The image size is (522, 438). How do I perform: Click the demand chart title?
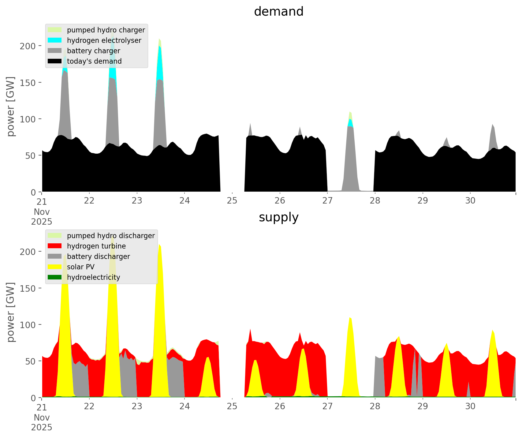[x=278, y=12]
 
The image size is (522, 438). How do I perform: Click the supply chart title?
[x=278, y=217]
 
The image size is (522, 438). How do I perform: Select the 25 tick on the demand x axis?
[x=232, y=201]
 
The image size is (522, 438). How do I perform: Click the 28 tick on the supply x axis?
[x=375, y=406]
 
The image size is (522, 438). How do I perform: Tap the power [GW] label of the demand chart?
[x=11, y=107]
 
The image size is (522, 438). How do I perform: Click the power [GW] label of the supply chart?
[x=11, y=312]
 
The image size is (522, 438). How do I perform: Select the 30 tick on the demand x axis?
[x=470, y=201]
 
